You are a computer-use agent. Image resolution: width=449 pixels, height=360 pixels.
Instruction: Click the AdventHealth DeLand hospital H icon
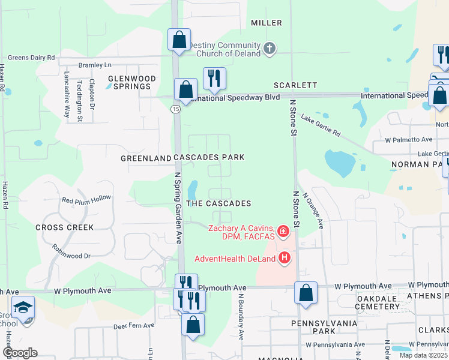click(285, 259)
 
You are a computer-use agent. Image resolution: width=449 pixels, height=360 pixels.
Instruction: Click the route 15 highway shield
click(175, 109)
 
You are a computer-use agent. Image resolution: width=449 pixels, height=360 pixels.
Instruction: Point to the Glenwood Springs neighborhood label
click(131, 82)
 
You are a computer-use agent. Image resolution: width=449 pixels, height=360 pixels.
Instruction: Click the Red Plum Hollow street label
click(86, 199)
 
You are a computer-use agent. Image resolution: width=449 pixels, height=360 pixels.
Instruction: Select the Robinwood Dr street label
click(70, 256)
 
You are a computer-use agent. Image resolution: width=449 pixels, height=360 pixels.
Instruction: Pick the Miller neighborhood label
click(267, 23)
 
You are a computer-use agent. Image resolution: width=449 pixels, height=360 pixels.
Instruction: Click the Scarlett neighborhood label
click(295, 86)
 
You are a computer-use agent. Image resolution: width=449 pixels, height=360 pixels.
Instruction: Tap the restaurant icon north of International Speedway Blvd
click(214, 78)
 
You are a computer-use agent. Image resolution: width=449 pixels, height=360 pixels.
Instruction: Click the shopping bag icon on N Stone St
click(306, 293)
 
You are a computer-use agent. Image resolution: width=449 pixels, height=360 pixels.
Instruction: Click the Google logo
click(20, 353)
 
